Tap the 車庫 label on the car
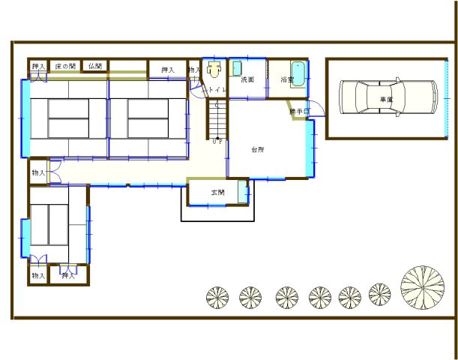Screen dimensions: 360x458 coord(386,99)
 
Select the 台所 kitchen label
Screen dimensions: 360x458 coord(257,148)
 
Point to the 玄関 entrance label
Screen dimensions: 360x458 coord(217,193)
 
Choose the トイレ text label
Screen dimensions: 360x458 coord(217,90)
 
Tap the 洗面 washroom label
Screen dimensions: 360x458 coord(247,79)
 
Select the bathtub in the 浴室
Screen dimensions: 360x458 coord(297,75)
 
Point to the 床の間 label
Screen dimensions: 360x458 coord(65,67)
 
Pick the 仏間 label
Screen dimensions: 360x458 coord(94,67)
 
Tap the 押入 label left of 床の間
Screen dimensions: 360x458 coord(38,67)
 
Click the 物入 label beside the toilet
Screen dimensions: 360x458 coord(194,70)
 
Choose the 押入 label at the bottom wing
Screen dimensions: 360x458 coord(68,276)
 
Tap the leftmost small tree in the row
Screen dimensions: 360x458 coord(217,298)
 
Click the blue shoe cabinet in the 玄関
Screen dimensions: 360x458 coord(242,191)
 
